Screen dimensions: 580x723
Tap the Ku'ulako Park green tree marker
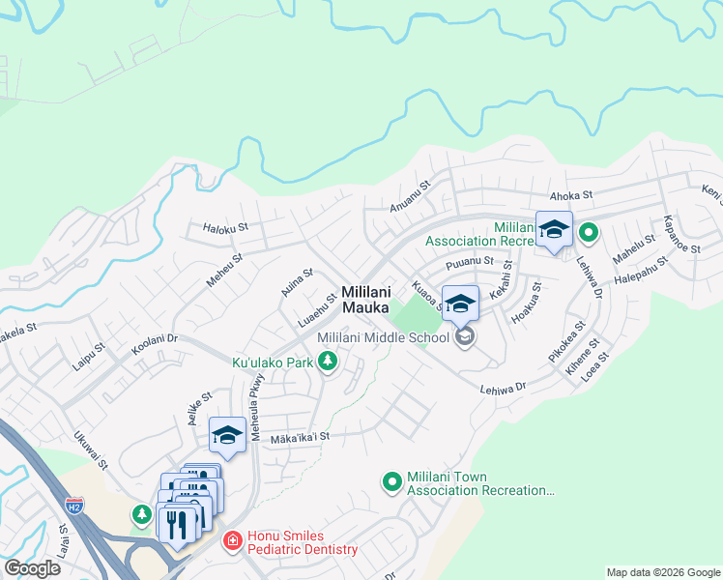pyautogui.click(x=329, y=362)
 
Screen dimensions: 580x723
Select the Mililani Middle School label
pyautogui.click(x=384, y=337)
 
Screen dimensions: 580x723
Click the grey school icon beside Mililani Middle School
pyautogui.click(x=465, y=336)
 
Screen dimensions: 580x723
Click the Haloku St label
pyautogui.click(x=226, y=228)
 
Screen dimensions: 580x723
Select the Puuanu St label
pyautogui.click(x=470, y=262)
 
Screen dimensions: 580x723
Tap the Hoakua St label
pyautogui.click(x=526, y=301)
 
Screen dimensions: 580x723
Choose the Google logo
pyautogui.click(x=32, y=568)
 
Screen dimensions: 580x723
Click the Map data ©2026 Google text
pyautogui.click(x=662, y=572)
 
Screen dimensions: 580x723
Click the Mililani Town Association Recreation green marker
pyautogui.click(x=392, y=480)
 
